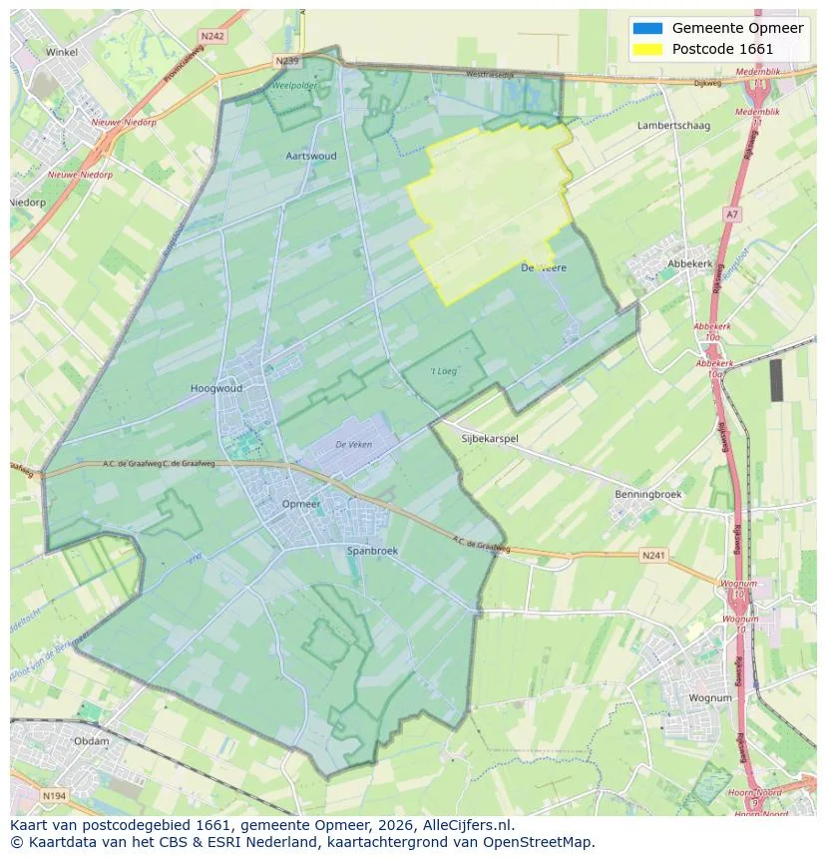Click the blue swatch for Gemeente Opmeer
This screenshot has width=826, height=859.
tap(646, 28)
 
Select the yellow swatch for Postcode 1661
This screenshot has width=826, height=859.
tap(646, 49)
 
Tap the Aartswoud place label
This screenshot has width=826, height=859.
tap(311, 156)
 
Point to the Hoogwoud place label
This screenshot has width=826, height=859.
tap(216, 388)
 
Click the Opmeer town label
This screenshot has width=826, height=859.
tap(301, 504)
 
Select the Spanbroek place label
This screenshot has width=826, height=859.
tap(371, 550)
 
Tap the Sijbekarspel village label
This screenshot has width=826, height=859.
tap(490, 438)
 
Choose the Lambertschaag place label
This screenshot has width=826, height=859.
tap(673, 126)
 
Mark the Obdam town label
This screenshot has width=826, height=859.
tap(92, 741)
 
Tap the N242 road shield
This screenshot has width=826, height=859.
tap(211, 36)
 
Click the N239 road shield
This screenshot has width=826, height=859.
tap(287, 61)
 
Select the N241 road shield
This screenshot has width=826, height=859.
tap(653, 555)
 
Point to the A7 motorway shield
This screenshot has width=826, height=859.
tap(733, 215)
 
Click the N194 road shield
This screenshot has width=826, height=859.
tap(54, 795)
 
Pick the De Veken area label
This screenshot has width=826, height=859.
tap(353, 444)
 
